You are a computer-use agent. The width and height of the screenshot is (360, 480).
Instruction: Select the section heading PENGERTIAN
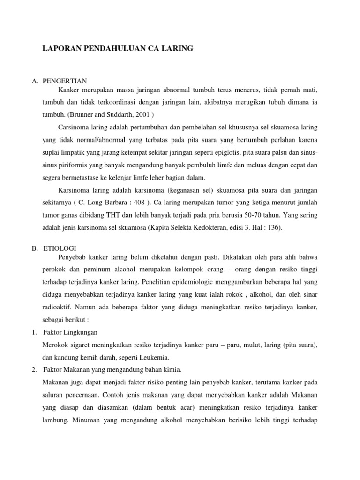pyautogui.click(x=62, y=81)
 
